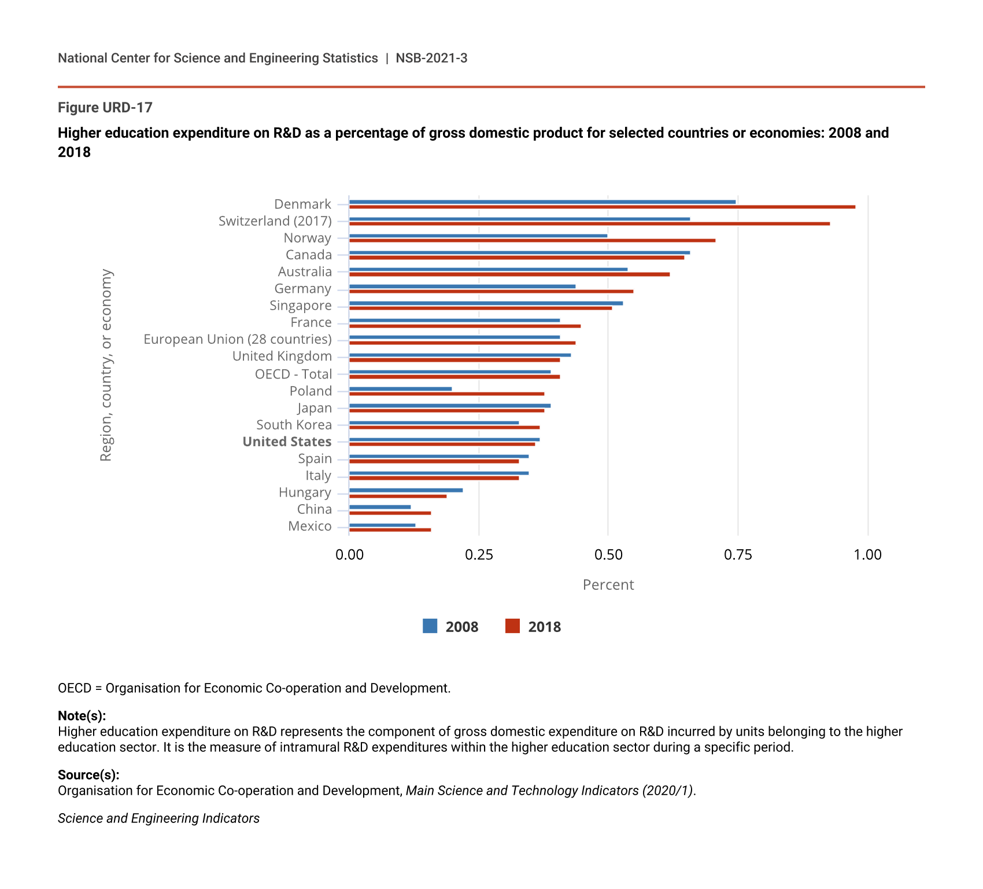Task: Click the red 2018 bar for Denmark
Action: coord(602,207)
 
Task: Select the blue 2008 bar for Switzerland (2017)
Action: coord(519,219)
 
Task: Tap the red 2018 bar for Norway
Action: coord(532,240)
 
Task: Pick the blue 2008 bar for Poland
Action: coord(400,389)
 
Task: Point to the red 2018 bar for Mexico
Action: coord(390,530)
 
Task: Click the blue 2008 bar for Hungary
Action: coord(406,490)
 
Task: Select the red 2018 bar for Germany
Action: coord(491,291)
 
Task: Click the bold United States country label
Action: coord(287,442)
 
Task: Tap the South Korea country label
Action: coord(294,425)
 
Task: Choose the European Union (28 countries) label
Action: coord(238,339)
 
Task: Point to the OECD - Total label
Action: coord(294,374)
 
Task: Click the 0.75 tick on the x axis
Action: coord(738,555)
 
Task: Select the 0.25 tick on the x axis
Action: coord(479,555)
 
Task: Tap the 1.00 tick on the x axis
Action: coord(868,555)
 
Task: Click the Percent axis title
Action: coord(608,585)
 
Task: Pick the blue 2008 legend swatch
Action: coord(430,626)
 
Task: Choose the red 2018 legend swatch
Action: coord(513,626)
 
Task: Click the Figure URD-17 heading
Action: coord(105,108)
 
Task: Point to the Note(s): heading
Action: coord(82,716)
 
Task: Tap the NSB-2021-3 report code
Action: coord(431,58)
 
